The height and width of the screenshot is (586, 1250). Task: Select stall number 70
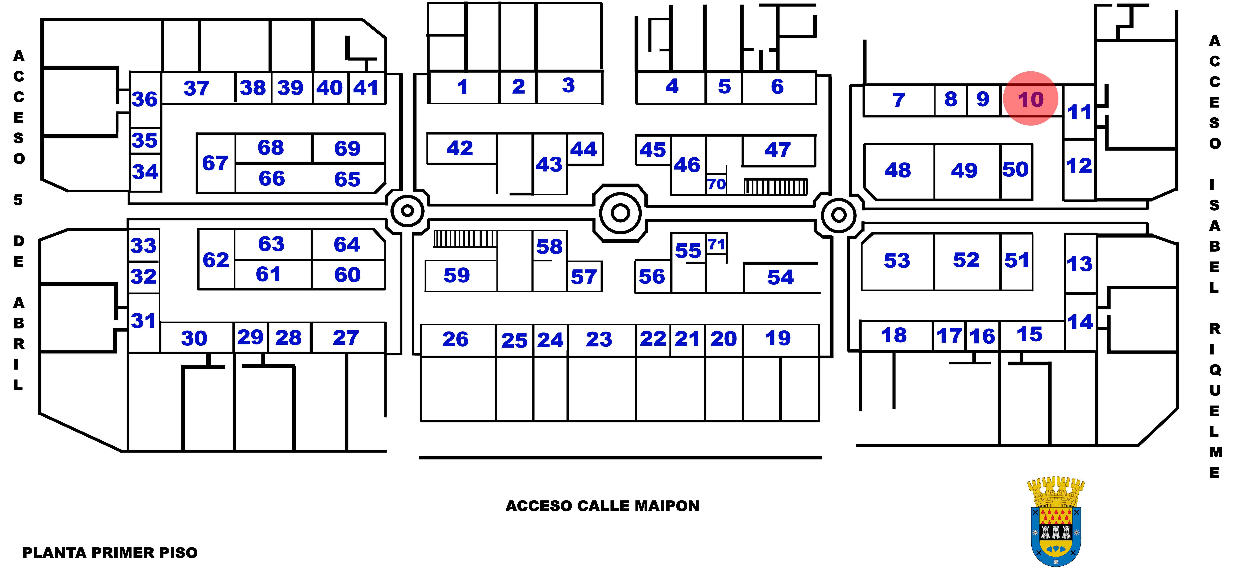click(x=716, y=184)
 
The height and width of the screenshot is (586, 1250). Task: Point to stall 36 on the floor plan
click(x=145, y=99)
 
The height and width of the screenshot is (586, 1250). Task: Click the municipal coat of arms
click(x=1055, y=522)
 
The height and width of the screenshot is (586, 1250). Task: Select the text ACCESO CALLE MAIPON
click(x=602, y=506)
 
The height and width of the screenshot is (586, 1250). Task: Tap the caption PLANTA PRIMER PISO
click(x=110, y=553)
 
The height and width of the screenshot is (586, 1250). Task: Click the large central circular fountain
click(x=620, y=212)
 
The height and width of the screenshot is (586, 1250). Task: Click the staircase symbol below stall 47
click(x=775, y=187)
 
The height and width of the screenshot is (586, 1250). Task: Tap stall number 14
click(x=1080, y=322)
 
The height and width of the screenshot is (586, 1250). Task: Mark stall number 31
click(x=143, y=321)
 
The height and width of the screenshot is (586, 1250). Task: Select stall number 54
click(x=780, y=277)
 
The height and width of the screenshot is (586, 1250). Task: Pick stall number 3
click(x=568, y=85)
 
